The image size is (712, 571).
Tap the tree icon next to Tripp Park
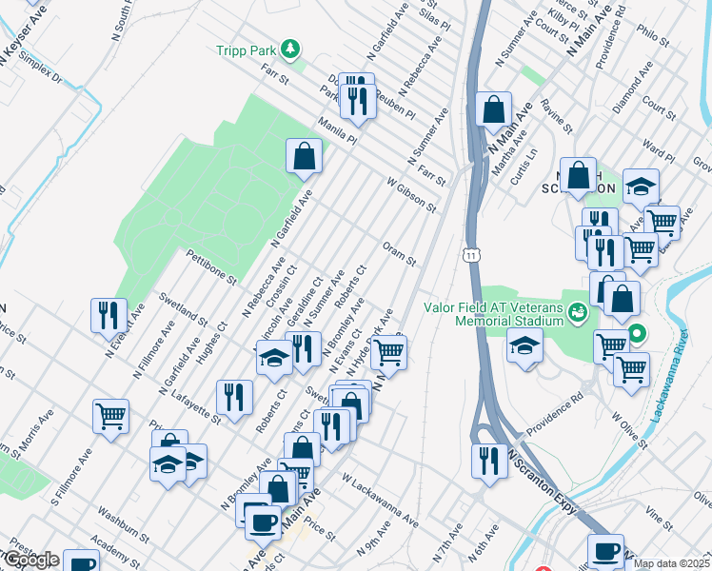[x=294, y=49]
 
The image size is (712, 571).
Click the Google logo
[x=30, y=560]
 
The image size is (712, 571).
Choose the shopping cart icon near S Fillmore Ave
[x=110, y=416]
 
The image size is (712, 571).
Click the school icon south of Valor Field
[x=524, y=347]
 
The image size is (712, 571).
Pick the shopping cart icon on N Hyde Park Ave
[x=388, y=351]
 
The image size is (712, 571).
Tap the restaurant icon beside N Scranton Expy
[x=489, y=461]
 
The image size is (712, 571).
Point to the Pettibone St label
[x=210, y=266]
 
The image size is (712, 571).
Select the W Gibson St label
[x=411, y=193]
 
